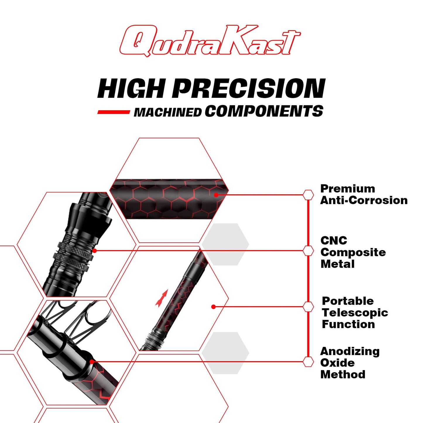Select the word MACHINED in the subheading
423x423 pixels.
[x=167, y=112]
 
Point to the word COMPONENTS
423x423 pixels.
[x=264, y=111]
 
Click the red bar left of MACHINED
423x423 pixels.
[x=114, y=112]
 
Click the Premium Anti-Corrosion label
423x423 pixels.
[x=364, y=194]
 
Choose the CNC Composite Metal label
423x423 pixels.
[x=353, y=252]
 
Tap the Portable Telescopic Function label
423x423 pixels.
[x=355, y=313]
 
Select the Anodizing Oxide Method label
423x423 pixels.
[x=350, y=366]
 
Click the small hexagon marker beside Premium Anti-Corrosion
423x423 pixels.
[x=308, y=195]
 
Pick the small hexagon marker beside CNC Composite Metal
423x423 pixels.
[x=308, y=251]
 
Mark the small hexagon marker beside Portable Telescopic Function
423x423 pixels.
[x=308, y=307]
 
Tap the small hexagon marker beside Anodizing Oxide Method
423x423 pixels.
[x=308, y=362]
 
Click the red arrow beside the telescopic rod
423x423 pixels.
[x=162, y=298]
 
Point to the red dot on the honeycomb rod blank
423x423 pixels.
[x=216, y=195]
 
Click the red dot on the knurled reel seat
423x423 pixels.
[x=94, y=251]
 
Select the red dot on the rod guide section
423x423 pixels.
[x=92, y=362]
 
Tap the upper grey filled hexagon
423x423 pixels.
[x=225, y=244]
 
